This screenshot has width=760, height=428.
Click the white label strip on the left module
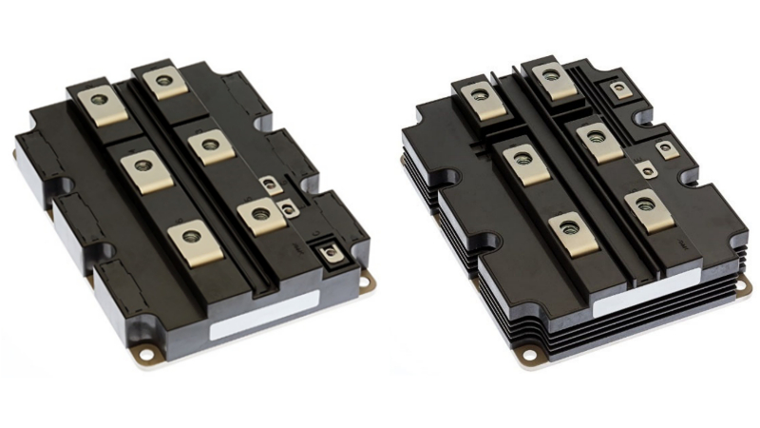coord(265,315)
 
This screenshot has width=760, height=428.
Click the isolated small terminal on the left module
coord(330,253)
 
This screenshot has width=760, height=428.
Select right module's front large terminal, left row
coord(569,228)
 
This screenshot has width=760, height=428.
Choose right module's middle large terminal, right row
coord(597,137)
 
